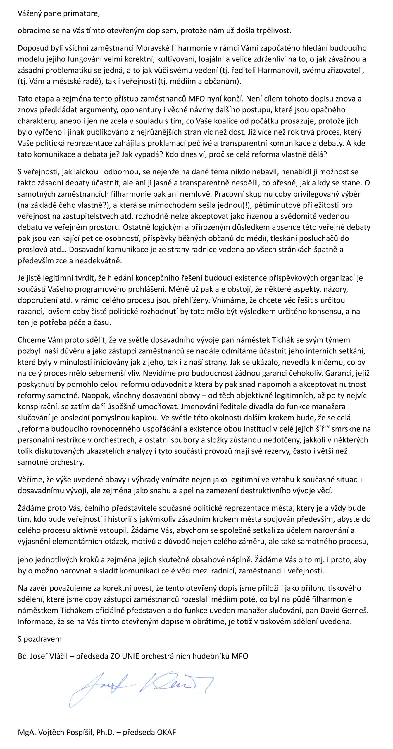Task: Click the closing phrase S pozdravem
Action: (39, 639)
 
